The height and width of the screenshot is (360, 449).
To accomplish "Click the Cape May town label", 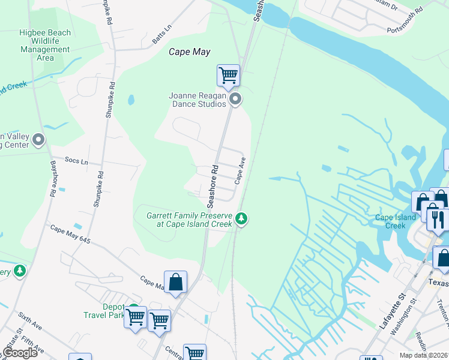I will pos(189,52).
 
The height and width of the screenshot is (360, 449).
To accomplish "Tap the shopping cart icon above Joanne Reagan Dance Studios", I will pos(228,76).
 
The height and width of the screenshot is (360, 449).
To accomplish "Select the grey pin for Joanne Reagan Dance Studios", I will pos(235,99).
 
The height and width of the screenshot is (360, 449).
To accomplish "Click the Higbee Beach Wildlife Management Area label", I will pos(45,46).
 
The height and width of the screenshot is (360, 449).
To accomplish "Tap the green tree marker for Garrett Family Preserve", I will pos(241,218).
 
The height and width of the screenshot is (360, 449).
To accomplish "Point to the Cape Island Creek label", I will pos(395,221).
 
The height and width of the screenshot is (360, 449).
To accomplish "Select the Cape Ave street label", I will pos(240,170).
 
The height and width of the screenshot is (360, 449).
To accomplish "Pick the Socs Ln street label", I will pos(76,161).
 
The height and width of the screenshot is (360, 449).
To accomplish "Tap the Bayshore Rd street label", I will pos(53,179).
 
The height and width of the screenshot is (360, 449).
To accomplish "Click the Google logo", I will pos(20,353).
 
